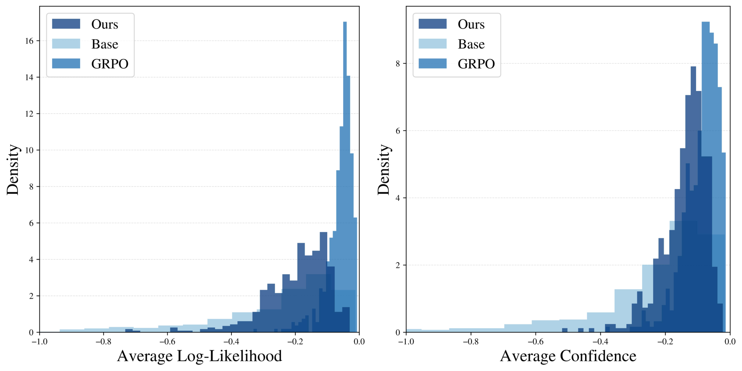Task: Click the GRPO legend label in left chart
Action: coord(110,64)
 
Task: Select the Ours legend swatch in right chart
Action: coord(432,24)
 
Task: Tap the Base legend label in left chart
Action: coord(105,44)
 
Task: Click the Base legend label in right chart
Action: coord(471,44)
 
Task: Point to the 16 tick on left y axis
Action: coord(29,41)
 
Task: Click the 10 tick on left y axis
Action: coord(29,150)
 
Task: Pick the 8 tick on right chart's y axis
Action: coord(398,64)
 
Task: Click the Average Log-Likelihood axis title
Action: coord(199,356)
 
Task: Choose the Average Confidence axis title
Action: coord(568,356)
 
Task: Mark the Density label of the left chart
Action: coord(13,169)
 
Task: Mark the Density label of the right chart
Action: coord(384,169)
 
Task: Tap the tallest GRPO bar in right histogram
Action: coord(705,111)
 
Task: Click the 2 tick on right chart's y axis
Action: coord(398,265)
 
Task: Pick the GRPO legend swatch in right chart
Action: coord(432,64)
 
